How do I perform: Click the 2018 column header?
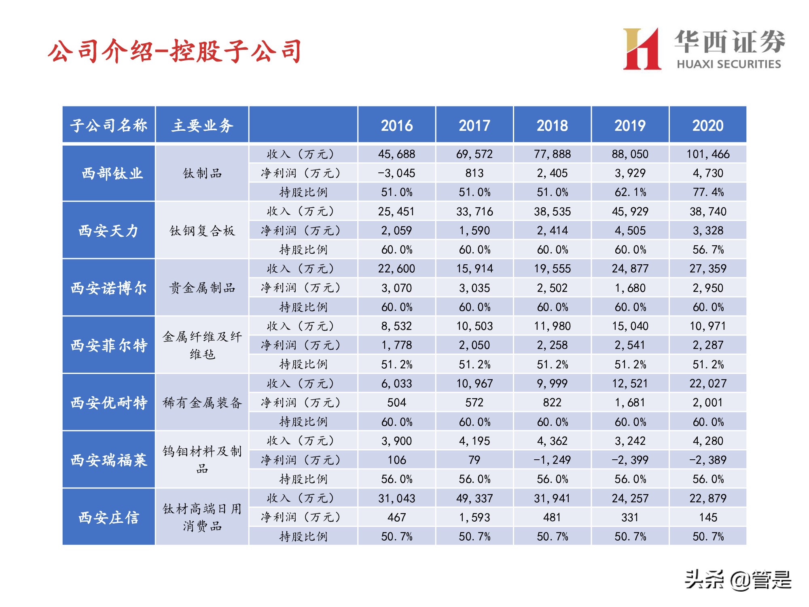point(552,125)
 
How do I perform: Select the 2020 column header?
point(708,125)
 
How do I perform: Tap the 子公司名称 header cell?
point(109,125)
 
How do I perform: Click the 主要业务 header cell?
point(202,125)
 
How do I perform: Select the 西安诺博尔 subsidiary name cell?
point(109,288)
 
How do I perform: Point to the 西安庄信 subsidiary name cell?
point(109,518)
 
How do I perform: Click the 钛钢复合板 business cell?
point(202,231)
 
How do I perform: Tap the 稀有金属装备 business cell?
point(202,403)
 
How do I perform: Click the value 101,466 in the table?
point(708,154)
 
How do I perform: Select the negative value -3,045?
point(396,173)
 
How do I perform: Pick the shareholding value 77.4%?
point(708,192)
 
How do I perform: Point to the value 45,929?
point(630,212)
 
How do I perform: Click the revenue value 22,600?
point(396,269)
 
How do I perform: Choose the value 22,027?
point(708,384)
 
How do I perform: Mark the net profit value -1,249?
point(552,460)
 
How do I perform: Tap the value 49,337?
point(474,499)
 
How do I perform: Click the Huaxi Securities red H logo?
point(642,49)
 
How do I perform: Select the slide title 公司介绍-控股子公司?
point(175,52)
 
